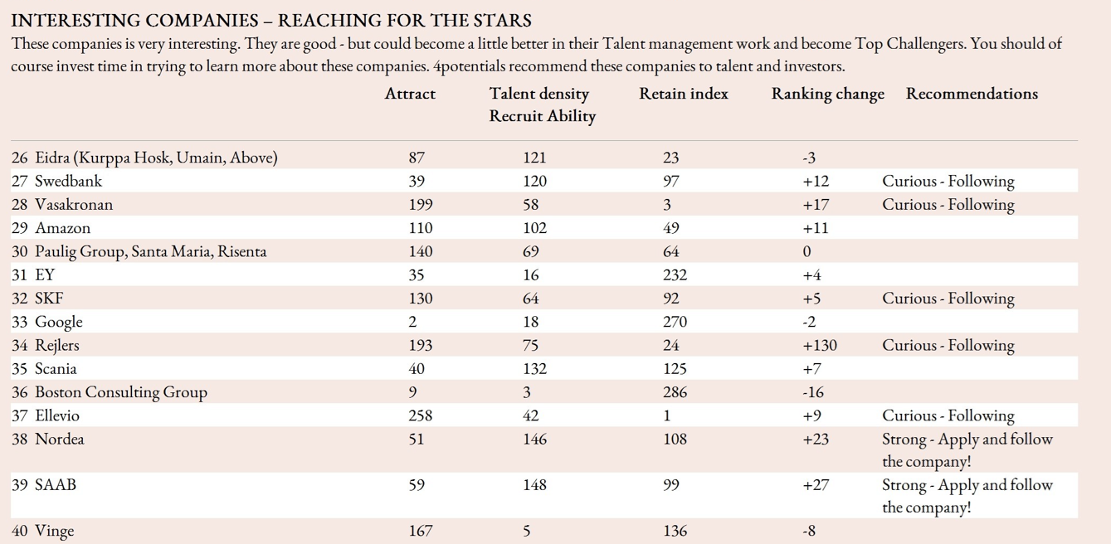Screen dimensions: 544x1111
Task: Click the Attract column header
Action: click(410, 94)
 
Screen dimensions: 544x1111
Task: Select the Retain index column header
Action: click(683, 94)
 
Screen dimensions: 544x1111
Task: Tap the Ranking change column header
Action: click(827, 94)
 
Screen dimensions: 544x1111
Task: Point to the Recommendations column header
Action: click(972, 94)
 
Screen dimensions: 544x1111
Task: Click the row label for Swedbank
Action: click(68, 181)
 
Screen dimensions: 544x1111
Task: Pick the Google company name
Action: click(58, 322)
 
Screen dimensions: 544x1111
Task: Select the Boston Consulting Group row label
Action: click(120, 392)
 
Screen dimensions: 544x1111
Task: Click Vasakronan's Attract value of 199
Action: click(421, 204)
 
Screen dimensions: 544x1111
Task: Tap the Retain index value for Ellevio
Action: click(667, 415)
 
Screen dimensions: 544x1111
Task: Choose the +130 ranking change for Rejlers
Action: click(820, 345)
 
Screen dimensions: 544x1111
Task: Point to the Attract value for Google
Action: click(412, 322)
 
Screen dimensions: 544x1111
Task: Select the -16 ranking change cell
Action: click(813, 392)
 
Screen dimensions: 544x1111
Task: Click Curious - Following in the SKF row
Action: click(948, 299)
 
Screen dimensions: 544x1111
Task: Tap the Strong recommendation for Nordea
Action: click(967, 449)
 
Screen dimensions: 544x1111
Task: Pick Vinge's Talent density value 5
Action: click(527, 530)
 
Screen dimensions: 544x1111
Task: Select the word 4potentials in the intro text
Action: click(472, 66)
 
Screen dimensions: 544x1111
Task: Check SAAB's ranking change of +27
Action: click(816, 485)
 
